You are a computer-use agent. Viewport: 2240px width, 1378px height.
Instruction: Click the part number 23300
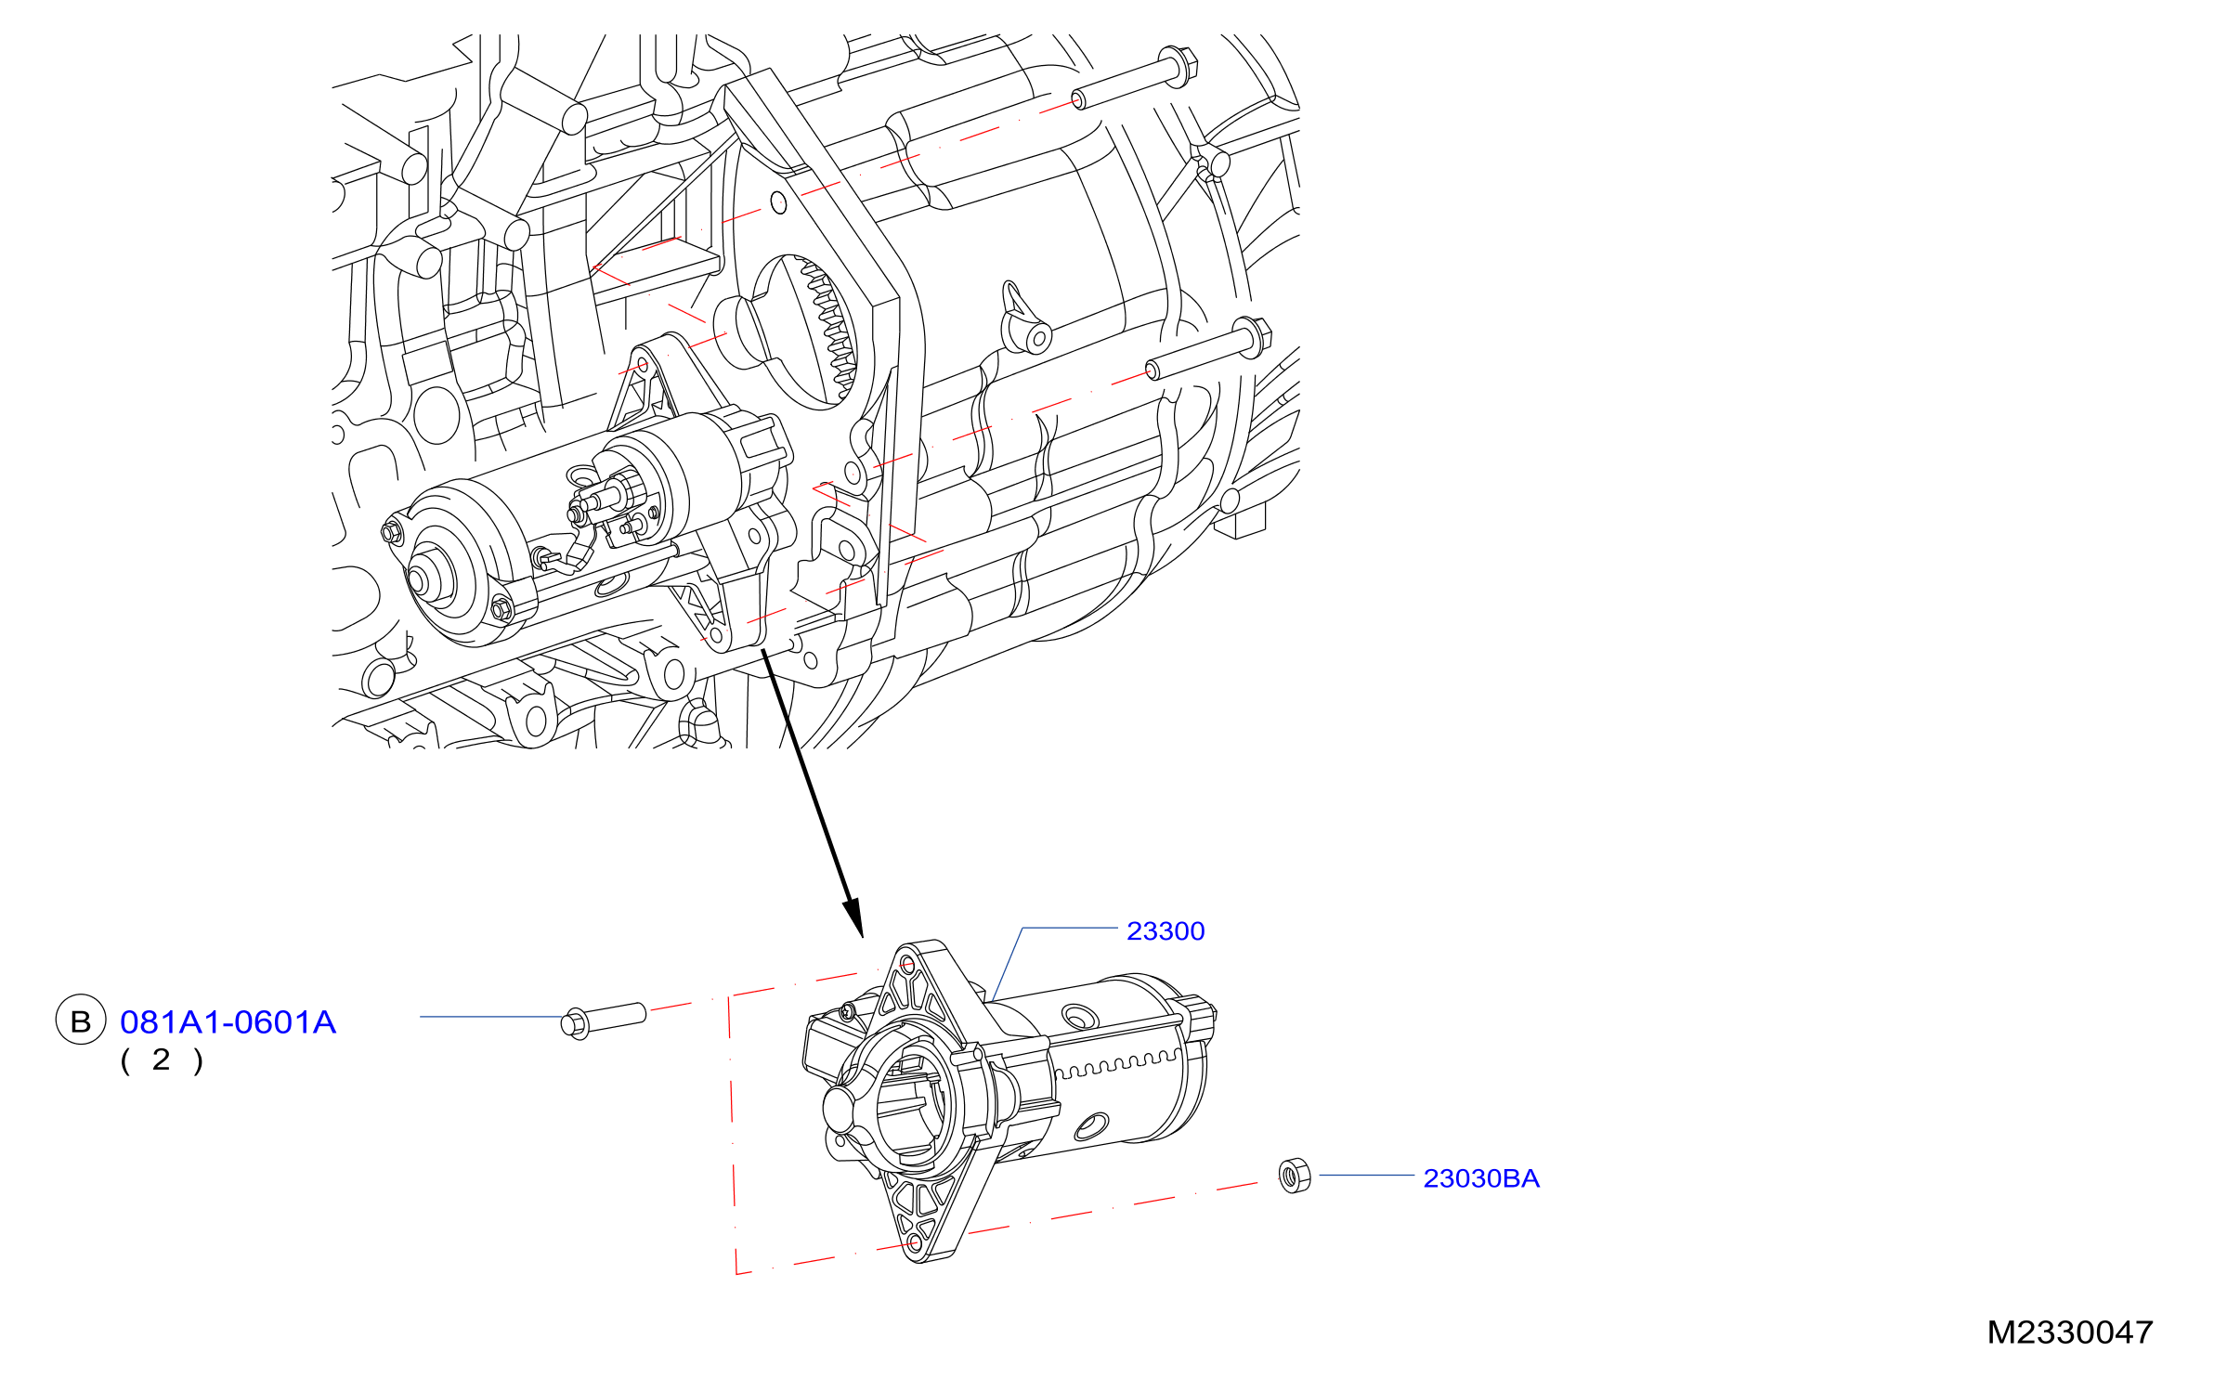click(x=1165, y=931)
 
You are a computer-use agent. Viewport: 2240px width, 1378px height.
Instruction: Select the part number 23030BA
click(x=1481, y=1178)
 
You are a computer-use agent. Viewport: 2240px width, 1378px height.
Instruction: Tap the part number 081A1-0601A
click(x=228, y=1022)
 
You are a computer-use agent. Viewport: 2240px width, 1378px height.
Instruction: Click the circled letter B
click(x=81, y=1020)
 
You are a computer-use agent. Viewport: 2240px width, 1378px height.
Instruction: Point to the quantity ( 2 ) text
click(x=162, y=1060)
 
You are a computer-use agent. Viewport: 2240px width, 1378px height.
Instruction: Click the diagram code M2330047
click(x=2069, y=1332)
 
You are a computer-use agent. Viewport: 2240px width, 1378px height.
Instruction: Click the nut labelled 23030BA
click(x=1295, y=1176)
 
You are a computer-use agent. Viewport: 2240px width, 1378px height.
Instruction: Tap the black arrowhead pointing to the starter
click(x=853, y=917)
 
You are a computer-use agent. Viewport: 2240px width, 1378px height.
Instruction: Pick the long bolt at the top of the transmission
click(x=1135, y=78)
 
